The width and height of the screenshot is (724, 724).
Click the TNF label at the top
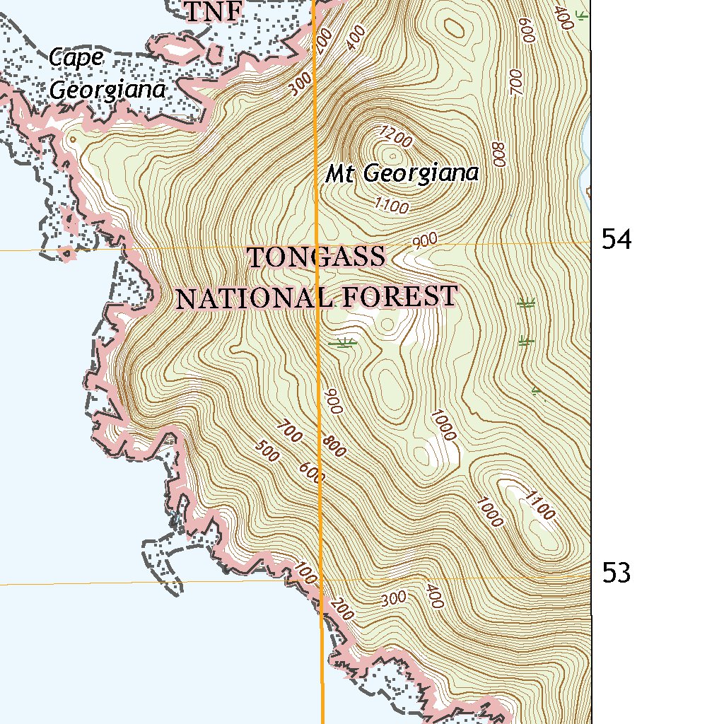[x=213, y=11]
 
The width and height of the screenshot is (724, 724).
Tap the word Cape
[x=77, y=58]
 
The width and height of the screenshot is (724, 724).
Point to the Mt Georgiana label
[x=402, y=173]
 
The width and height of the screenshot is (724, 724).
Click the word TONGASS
[x=317, y=257]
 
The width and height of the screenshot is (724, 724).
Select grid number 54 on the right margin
[x=617, y=240]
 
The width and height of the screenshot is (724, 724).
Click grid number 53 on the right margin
[x=617, y=573]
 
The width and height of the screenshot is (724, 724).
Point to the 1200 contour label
[x=395, y=137]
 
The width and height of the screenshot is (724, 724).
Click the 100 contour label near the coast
[x=305, y=569]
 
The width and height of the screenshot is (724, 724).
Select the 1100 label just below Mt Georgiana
[x=392, y=206]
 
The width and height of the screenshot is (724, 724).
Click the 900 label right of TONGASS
[x=425, y=241]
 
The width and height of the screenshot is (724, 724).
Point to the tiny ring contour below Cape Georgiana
[x=71, y=140]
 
